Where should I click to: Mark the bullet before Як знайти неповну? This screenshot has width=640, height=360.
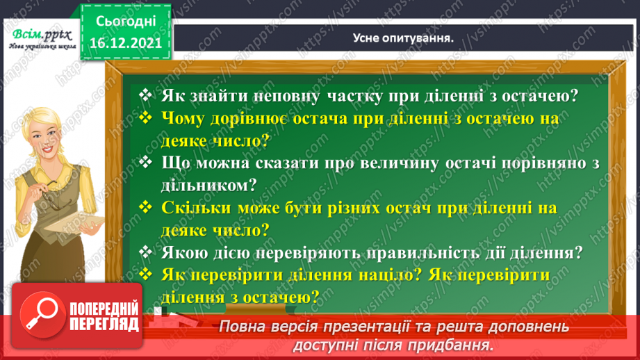145,96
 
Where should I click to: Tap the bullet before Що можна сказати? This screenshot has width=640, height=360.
145,163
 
